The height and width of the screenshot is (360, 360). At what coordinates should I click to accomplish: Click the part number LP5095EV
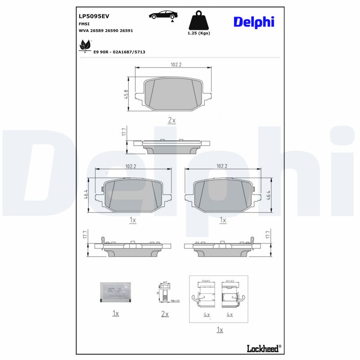coord(94,16)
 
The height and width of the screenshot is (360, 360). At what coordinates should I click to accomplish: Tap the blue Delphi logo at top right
coord(253,22)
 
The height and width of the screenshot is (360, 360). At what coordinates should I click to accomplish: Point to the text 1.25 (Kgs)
coord(198,33)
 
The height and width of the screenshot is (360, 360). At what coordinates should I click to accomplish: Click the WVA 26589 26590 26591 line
coord(106,31)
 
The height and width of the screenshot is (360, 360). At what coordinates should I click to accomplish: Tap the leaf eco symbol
coord(84,45)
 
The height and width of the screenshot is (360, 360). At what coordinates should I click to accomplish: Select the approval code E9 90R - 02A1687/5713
coord(119,52)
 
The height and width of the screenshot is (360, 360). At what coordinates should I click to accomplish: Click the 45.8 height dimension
coord(126,94)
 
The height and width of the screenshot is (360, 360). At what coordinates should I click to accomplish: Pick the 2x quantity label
coord(171,120)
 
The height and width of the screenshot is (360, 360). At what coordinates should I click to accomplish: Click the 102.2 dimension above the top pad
coord(176,65)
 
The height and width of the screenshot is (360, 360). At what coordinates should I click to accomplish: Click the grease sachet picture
coord(115,292)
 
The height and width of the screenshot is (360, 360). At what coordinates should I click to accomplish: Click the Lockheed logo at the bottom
coord(264,348)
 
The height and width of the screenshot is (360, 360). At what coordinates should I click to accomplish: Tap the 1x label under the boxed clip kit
coord(220,330)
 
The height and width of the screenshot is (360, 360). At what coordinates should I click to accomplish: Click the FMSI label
coord(84,23)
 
